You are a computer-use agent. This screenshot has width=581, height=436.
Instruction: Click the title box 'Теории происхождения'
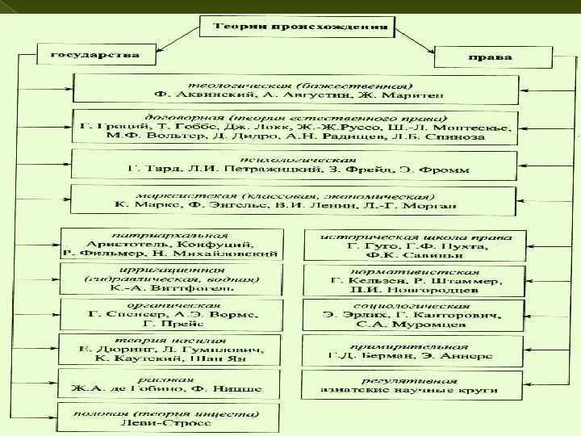(294, 27)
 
